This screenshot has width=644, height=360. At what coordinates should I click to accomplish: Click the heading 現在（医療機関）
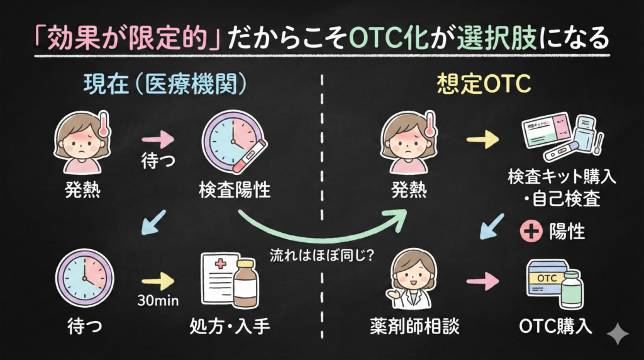165,84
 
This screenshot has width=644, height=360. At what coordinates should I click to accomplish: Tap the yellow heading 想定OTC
484,84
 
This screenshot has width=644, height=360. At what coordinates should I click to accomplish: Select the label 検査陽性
235,190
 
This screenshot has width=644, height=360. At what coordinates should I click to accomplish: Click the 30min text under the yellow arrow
158,300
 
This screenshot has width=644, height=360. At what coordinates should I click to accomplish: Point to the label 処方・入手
230,326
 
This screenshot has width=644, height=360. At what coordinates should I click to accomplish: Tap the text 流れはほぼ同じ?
321,256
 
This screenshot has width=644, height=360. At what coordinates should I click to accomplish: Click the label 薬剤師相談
414,326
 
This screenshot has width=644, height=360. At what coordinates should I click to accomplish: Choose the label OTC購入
555,326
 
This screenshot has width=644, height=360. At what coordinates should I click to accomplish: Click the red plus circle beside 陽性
531,231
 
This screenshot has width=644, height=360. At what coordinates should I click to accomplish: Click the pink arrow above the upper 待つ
158,139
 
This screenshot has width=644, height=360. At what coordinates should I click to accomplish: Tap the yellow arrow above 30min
158,281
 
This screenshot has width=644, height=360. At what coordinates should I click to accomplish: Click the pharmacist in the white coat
411,279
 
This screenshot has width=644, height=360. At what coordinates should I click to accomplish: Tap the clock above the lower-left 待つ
84,278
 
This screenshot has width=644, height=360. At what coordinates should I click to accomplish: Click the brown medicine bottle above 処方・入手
246,284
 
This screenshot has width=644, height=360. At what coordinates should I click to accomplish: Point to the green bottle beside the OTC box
572,290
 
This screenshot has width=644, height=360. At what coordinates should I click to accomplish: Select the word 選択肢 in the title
497,38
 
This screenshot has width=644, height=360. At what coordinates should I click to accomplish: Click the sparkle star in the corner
618,334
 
